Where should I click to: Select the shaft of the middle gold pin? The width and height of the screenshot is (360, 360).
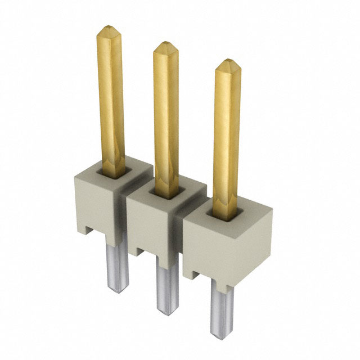pos(166,118)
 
